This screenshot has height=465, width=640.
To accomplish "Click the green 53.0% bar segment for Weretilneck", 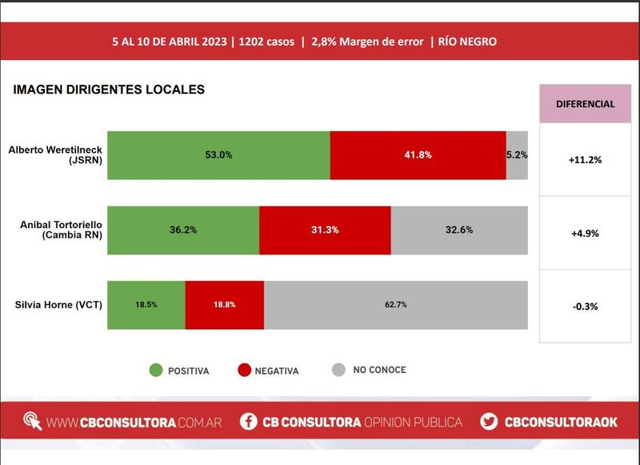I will click(x=218, y=155).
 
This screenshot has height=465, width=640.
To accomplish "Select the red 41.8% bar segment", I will click(x=418, y=155).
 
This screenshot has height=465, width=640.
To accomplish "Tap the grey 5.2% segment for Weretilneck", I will click(x=517, y=155).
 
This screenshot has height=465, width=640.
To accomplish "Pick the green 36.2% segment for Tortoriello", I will click(x=183, y=230).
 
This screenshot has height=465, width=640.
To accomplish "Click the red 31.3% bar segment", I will click(x=325, y=230).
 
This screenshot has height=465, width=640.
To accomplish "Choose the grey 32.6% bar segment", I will click(x=459, y=230).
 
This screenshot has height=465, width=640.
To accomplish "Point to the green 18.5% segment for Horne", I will click(x=146, y=305).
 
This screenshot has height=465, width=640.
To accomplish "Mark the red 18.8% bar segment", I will click(x=225, y=305).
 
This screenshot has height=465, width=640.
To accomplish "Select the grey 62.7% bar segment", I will click(x=396, y=305).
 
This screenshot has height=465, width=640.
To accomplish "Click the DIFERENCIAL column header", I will click(x=585, y=104).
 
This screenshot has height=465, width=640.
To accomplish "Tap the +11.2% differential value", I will click(x=585, y=160).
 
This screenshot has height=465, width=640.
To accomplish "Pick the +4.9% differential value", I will click(x=585, y=234).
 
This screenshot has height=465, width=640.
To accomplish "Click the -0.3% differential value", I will click(x=585, y=307).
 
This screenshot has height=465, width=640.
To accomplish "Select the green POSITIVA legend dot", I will click(x=155, y=371).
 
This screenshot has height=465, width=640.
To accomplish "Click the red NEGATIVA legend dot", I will click(x=245, y=371).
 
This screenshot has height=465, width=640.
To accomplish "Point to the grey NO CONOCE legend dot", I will click(x=338, y=370).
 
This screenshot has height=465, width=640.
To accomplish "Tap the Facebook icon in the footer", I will click(x=249, y=422).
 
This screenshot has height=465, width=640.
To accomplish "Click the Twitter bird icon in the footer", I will click(x=490, y=422).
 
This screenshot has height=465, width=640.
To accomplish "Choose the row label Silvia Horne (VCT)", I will click(x=58, y=305).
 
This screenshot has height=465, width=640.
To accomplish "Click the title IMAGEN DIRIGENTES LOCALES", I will click(x=109, y=90).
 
